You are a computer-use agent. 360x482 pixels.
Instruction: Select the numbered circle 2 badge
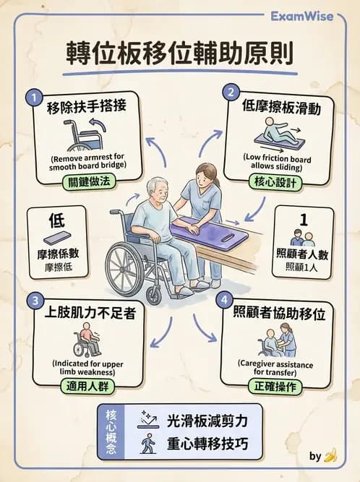(x=231, y=92)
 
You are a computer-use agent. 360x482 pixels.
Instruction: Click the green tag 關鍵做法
(x=87, y=182)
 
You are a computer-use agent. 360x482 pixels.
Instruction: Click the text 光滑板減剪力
(x=207, y=421)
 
